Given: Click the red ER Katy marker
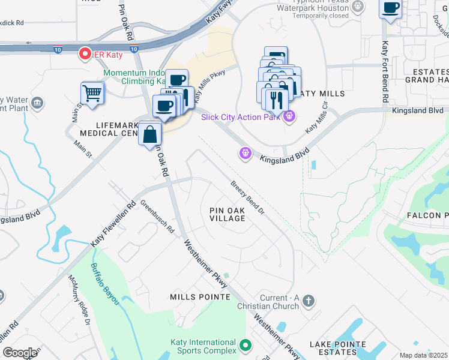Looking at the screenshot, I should point(85,55).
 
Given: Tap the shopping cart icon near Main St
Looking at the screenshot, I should point(92,92).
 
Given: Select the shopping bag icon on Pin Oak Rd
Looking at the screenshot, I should point(149,133).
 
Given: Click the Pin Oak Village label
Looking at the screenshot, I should point(228,214).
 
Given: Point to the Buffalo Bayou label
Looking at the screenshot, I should point(103,284).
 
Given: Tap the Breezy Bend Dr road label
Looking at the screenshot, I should point(248,197).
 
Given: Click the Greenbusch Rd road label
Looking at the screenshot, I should point(157,220).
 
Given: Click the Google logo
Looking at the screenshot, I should point(20,353).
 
